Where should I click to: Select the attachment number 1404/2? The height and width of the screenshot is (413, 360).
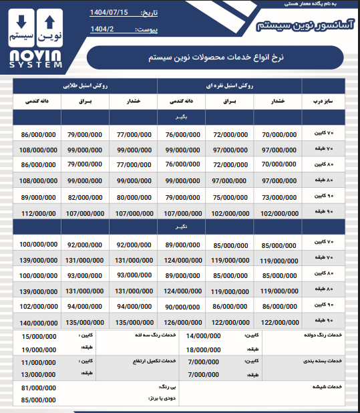104,29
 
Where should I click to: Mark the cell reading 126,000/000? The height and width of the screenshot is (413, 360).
182,322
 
